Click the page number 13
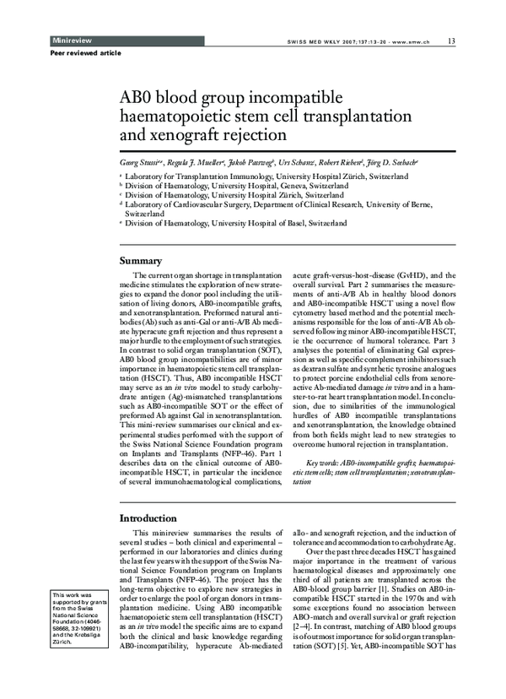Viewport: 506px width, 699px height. pyautogui.click(x=452, y=40)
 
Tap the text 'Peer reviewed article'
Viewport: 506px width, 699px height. pyautogui.click(x=61, y=53)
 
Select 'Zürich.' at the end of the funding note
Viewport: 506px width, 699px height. pyautogui.click(x=62, y=642)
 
